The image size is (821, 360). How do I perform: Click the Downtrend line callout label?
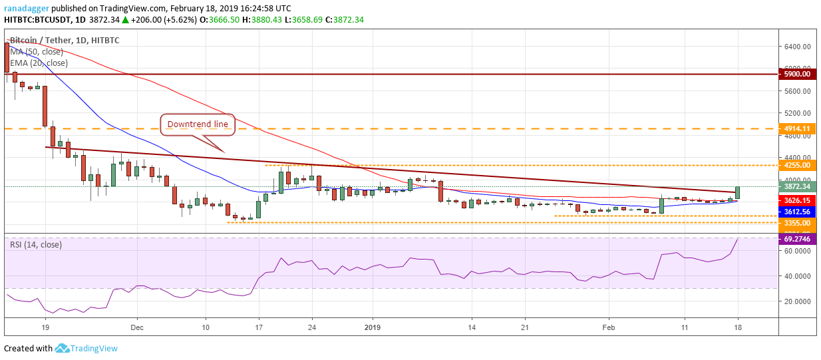tap(198, 124)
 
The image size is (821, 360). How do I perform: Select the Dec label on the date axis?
tap(137, 328)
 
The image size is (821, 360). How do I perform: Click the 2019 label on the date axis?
tap(373, 328)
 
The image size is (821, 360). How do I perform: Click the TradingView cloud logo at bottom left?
tap(63, 348)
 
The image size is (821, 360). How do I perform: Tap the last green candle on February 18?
tap(738, 192)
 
